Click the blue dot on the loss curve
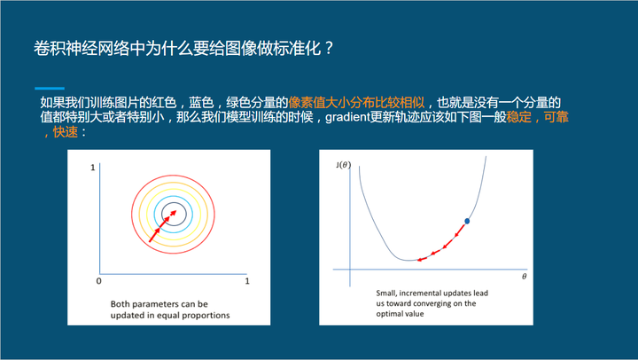[x=467, y=221]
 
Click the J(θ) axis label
[x=344, y=165]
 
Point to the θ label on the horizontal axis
[x=524, y=277]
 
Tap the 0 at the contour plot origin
[x=99, y=281]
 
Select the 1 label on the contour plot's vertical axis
[x=93, y=168]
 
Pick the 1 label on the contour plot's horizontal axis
[x=247, y=281]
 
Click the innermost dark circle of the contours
[x=175, y=202]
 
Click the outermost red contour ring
[x=173, y=176]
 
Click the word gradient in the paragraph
[x=347, y=117]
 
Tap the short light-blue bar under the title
[x=50, y=88]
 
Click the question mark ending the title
[x=330, y=49]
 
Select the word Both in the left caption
[x=120, y=304]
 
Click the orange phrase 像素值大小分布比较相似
[x=356, y=102]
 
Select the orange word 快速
[x=65, y=132]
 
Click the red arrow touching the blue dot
[x=461, y=230]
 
